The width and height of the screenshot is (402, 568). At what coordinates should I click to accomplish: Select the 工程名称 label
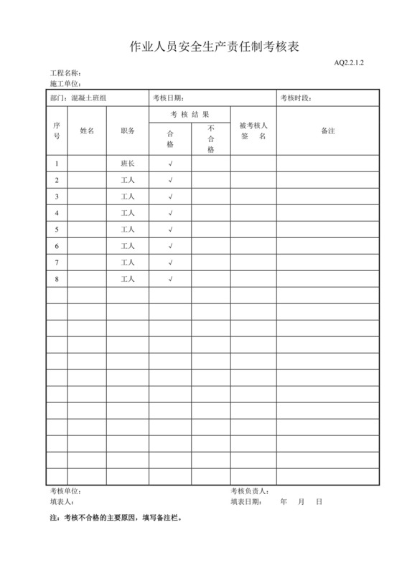click(65, 74)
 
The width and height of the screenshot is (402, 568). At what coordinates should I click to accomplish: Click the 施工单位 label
click(65, 84)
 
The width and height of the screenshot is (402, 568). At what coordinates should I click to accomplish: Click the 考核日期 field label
click(169, 98)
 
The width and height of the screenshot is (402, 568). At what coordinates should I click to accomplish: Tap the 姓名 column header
click(87, 131)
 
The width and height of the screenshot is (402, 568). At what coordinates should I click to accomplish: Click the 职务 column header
click(128, 131)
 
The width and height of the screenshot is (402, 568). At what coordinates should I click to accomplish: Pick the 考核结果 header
click(190, 115)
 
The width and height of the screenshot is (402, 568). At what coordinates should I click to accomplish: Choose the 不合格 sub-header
click(211, 139)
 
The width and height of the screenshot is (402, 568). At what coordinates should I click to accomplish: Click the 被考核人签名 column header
click(253, 131)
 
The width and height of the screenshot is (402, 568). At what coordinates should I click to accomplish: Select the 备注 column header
click(327, 131)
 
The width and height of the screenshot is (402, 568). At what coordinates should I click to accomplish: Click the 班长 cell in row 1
click(128, 164)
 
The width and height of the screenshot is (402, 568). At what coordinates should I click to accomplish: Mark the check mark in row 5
click(170, 229)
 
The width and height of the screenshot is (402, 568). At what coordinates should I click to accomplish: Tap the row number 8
click(57, 279)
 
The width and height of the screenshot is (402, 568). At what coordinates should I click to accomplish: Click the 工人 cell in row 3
click(128, 197)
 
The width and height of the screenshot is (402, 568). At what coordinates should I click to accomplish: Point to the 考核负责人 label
click(250, 491)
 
